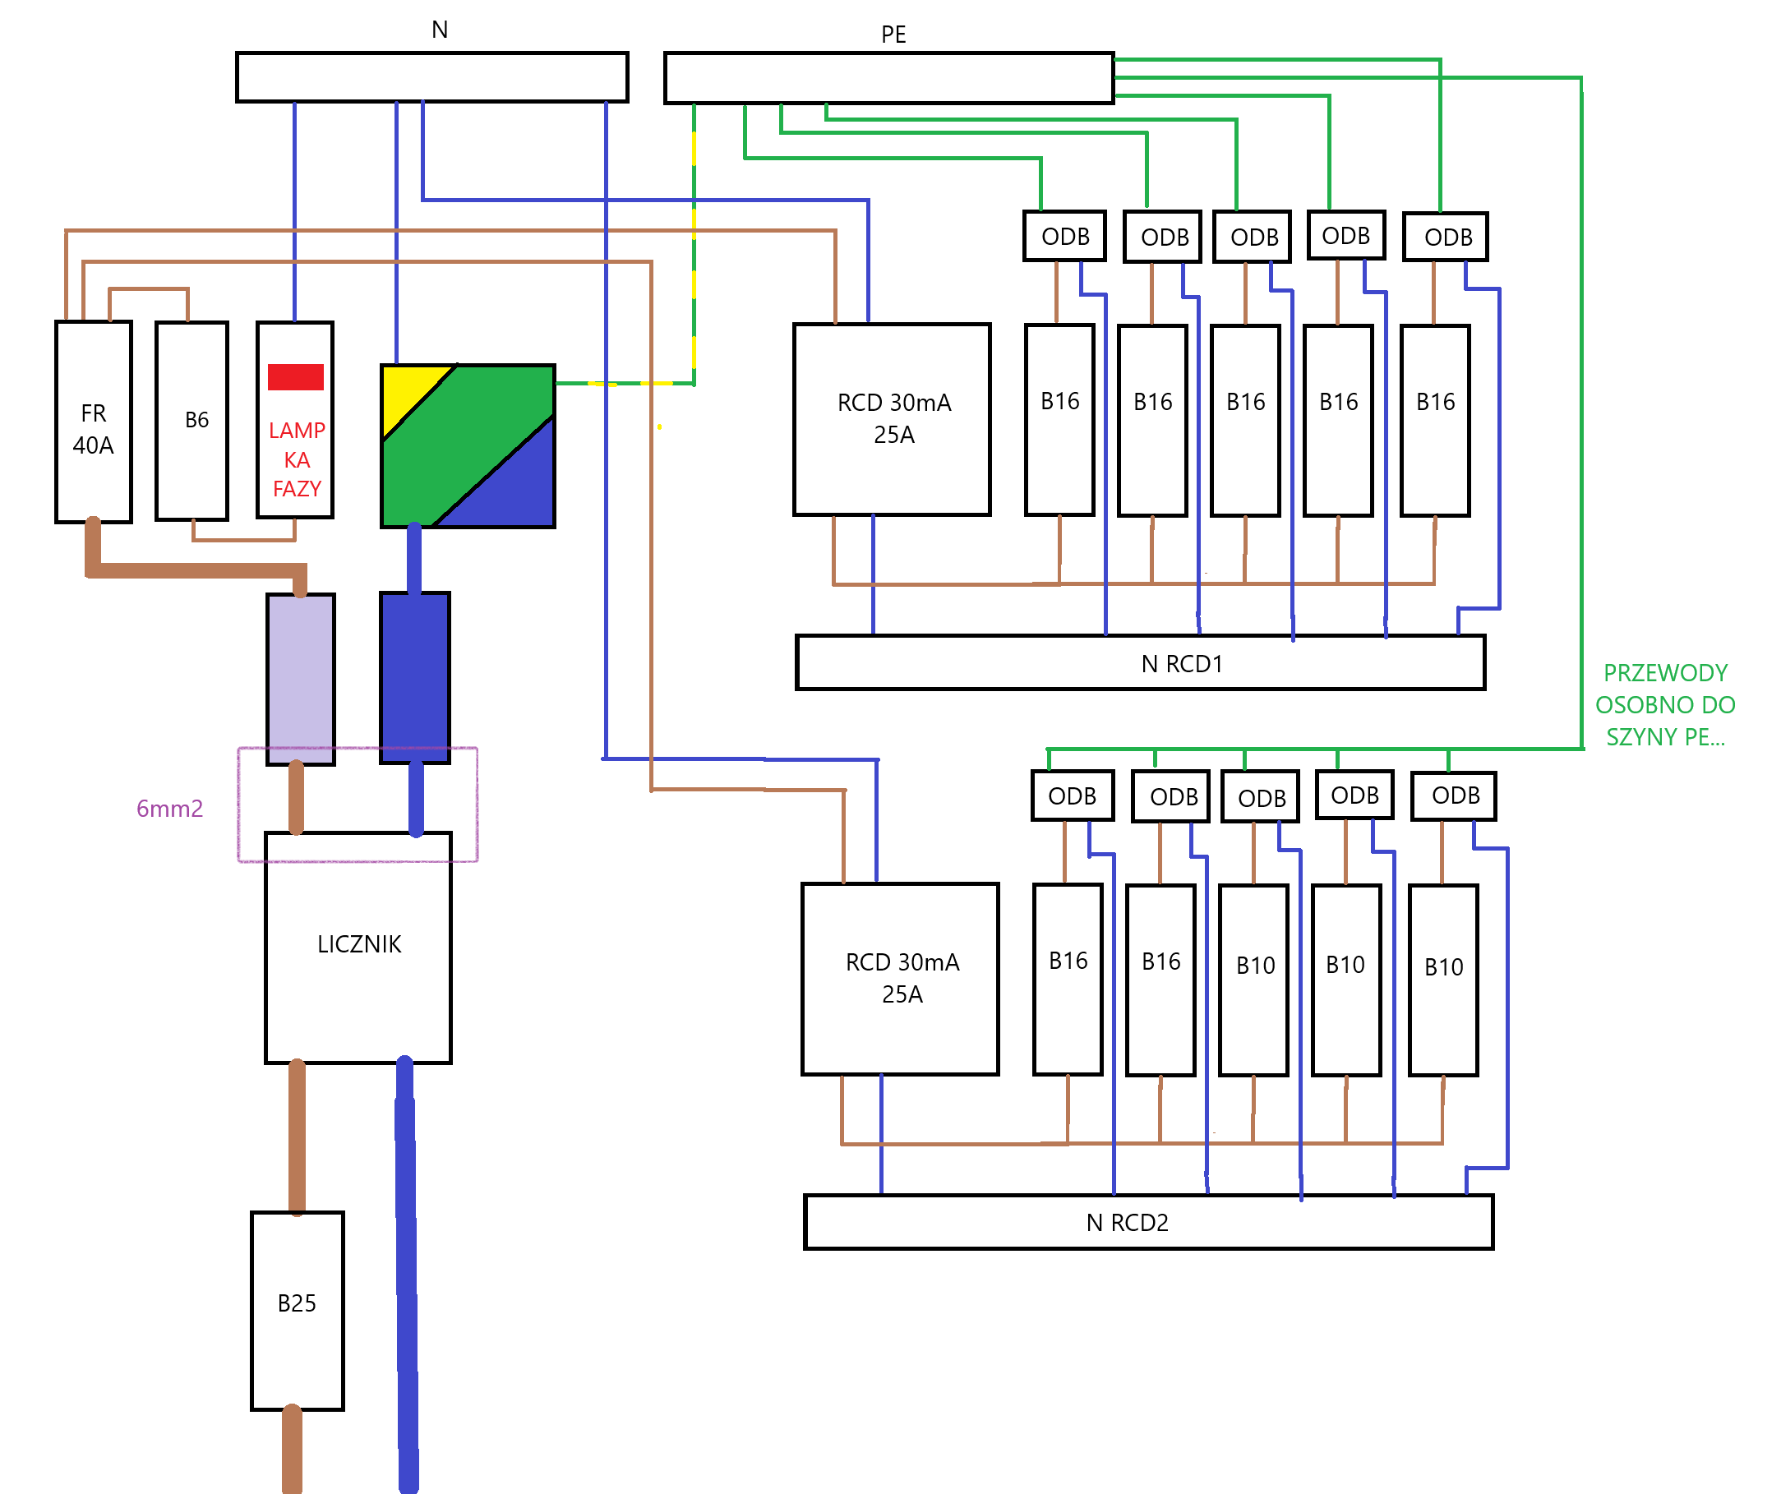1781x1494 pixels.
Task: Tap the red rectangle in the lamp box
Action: point(295,376)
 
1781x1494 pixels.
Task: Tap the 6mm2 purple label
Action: point(169,808)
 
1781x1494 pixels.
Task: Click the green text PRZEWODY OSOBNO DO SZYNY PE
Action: point(1664,704)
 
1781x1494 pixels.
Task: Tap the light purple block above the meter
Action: point(300,678)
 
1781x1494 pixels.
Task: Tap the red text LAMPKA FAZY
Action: point(297,459)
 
